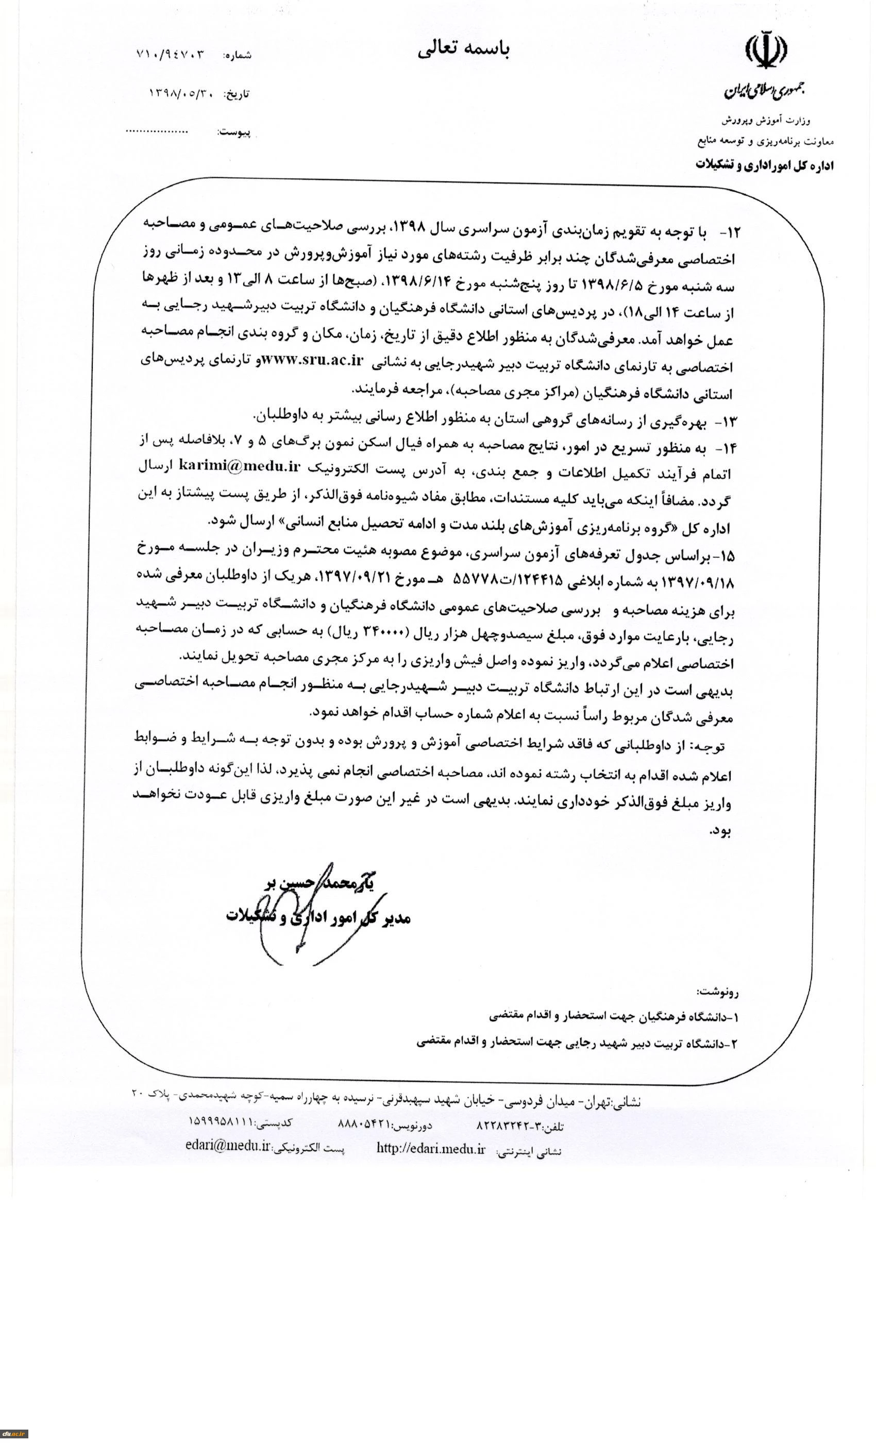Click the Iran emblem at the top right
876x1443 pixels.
(x=765, y=52)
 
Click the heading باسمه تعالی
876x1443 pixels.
(x=463, y=50)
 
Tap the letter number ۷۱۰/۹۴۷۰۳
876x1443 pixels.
(x=171, y=55)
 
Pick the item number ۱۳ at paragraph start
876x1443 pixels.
(x=731, y=421)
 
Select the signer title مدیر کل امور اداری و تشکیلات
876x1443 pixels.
(x=319, y=918)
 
